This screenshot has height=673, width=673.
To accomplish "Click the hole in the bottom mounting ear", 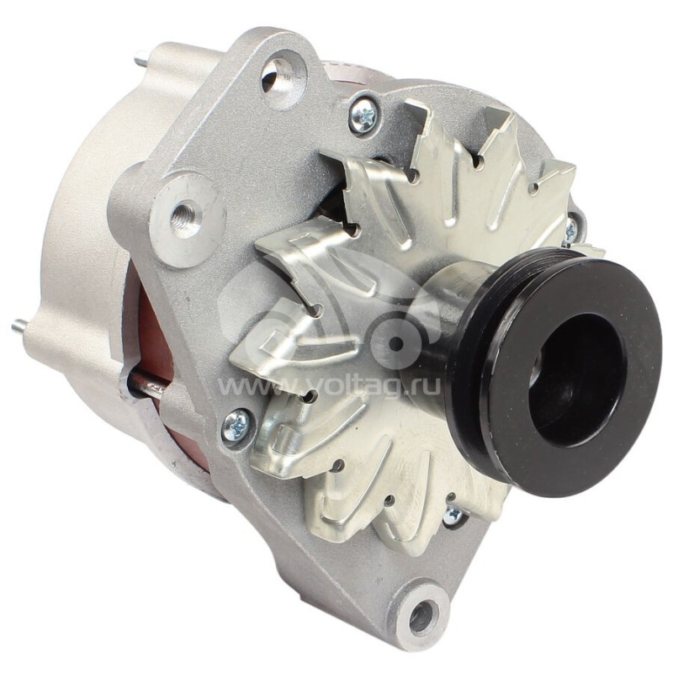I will (420, 617).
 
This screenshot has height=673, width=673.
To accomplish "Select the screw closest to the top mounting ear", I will (363, 115).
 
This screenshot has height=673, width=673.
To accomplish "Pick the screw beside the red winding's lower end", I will (236, 426).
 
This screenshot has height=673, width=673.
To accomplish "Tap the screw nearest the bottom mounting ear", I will (454, 515).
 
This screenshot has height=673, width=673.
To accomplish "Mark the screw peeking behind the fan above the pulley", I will (571, 228).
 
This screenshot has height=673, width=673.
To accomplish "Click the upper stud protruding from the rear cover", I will (140, 60).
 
